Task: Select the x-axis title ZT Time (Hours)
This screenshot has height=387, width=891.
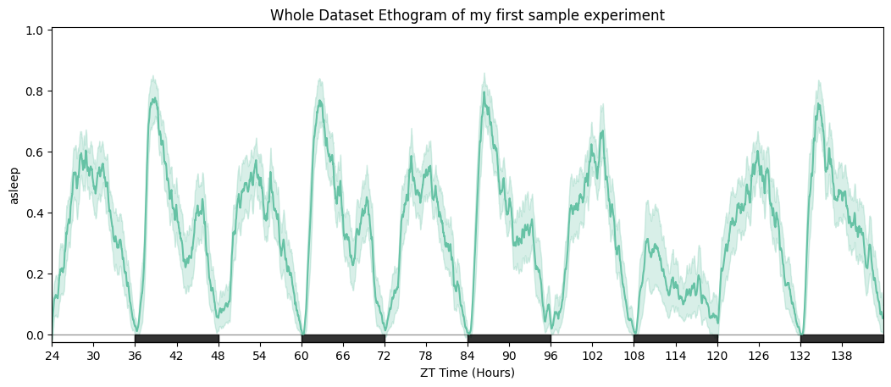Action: pyautogui.click(x=468, y=373)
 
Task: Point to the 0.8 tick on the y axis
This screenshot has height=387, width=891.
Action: pyautogui.click(x=35, y=91)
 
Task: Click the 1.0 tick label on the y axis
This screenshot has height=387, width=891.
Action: pyautogui.click(x=35, y=30)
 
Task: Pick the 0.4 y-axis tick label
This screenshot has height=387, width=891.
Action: pyautogui.click(x=35, y=213)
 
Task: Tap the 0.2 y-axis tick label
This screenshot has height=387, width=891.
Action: pyautogui.click(x=35, y=274)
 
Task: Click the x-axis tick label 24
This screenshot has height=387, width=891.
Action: pyautogui.click(x=52, y=356)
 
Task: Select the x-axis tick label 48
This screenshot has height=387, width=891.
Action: pyautogui.click(x=219, y=356)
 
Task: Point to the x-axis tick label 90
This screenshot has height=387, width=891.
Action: pyautogui.click(x=509, y=356)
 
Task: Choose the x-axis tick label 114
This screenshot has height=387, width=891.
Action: pyautogui.click(x=676, y=356)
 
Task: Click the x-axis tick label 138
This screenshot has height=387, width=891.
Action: pyautogui.click(x=842, y=356)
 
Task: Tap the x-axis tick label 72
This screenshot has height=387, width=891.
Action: pyautogui.click(x=385, y=356)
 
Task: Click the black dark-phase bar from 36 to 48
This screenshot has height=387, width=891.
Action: pyautogui.click(x=176, y=339)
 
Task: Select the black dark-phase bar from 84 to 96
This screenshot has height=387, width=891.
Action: pyautogui.click(x=509, y=339)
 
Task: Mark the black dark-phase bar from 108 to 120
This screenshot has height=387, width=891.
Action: pyautogui.click(x=676, y=339)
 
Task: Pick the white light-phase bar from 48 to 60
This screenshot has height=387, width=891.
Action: pyautogui.click(x=260, y=339)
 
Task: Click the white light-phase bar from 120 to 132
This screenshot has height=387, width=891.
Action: pyautogui.click(x=759, y=339)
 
